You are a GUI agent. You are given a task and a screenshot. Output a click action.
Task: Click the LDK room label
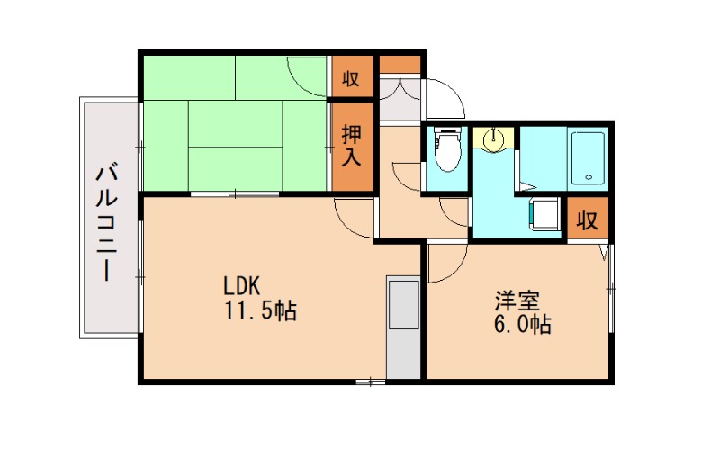pos(241,286)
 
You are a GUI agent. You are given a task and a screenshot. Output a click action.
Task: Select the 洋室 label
pos(514,299)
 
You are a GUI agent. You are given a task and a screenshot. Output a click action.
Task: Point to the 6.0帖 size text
pos(521,324)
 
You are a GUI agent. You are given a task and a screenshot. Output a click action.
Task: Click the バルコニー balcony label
pos(108,220)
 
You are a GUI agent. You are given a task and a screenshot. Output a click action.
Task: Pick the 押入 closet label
pos(351,147)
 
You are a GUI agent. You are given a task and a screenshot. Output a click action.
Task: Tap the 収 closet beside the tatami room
pos(351,78)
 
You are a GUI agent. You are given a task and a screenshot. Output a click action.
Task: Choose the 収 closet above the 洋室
pos(588,220)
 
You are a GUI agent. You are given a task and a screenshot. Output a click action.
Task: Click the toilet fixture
pos(445,150)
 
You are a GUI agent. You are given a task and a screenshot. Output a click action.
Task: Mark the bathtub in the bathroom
pos(589,158)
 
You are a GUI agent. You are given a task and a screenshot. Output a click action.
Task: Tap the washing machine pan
pos(543,213)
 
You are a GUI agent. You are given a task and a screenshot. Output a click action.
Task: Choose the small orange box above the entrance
pos(399,66)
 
